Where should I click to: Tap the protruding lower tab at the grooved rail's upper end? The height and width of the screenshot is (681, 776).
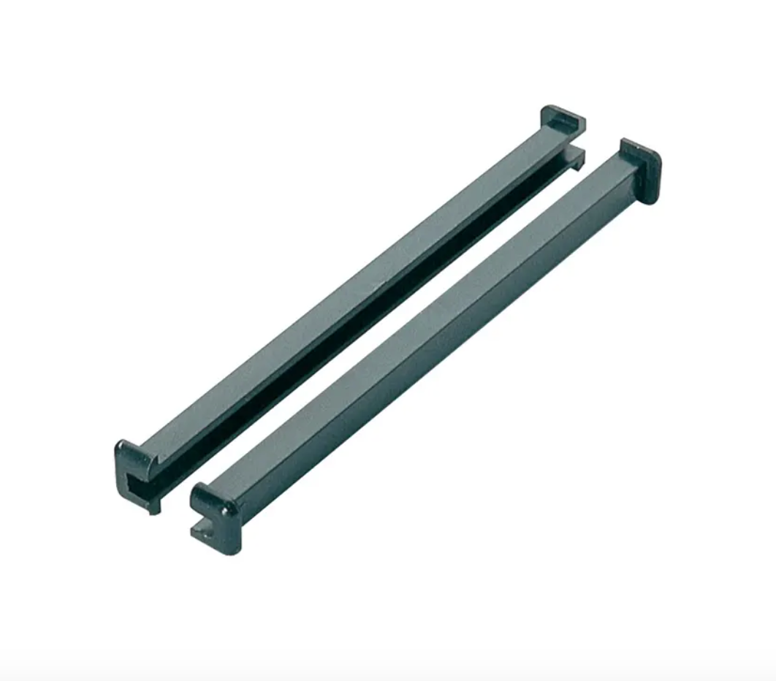[577, 157]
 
